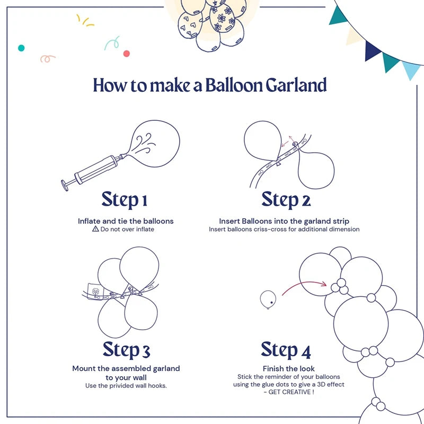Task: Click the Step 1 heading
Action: pos(124,200)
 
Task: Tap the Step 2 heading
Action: pos(286,200)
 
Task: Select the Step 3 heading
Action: pos(126,350)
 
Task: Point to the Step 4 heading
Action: pos(286,350)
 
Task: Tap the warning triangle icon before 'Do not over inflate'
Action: pos(95,229)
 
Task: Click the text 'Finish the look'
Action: pos(288,368)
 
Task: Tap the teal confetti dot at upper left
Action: pos(21,48)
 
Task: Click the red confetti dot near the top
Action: pos(126,54)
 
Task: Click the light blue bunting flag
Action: pos(411,69)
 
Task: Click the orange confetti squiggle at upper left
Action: pos(48,58)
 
